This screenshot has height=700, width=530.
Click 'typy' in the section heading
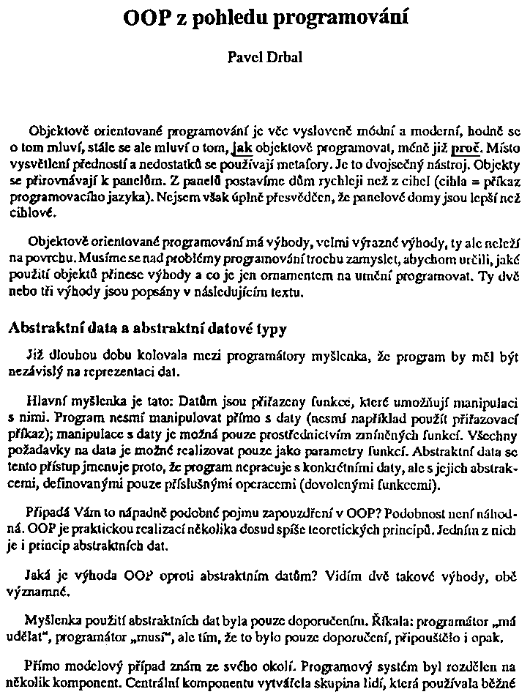268,329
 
